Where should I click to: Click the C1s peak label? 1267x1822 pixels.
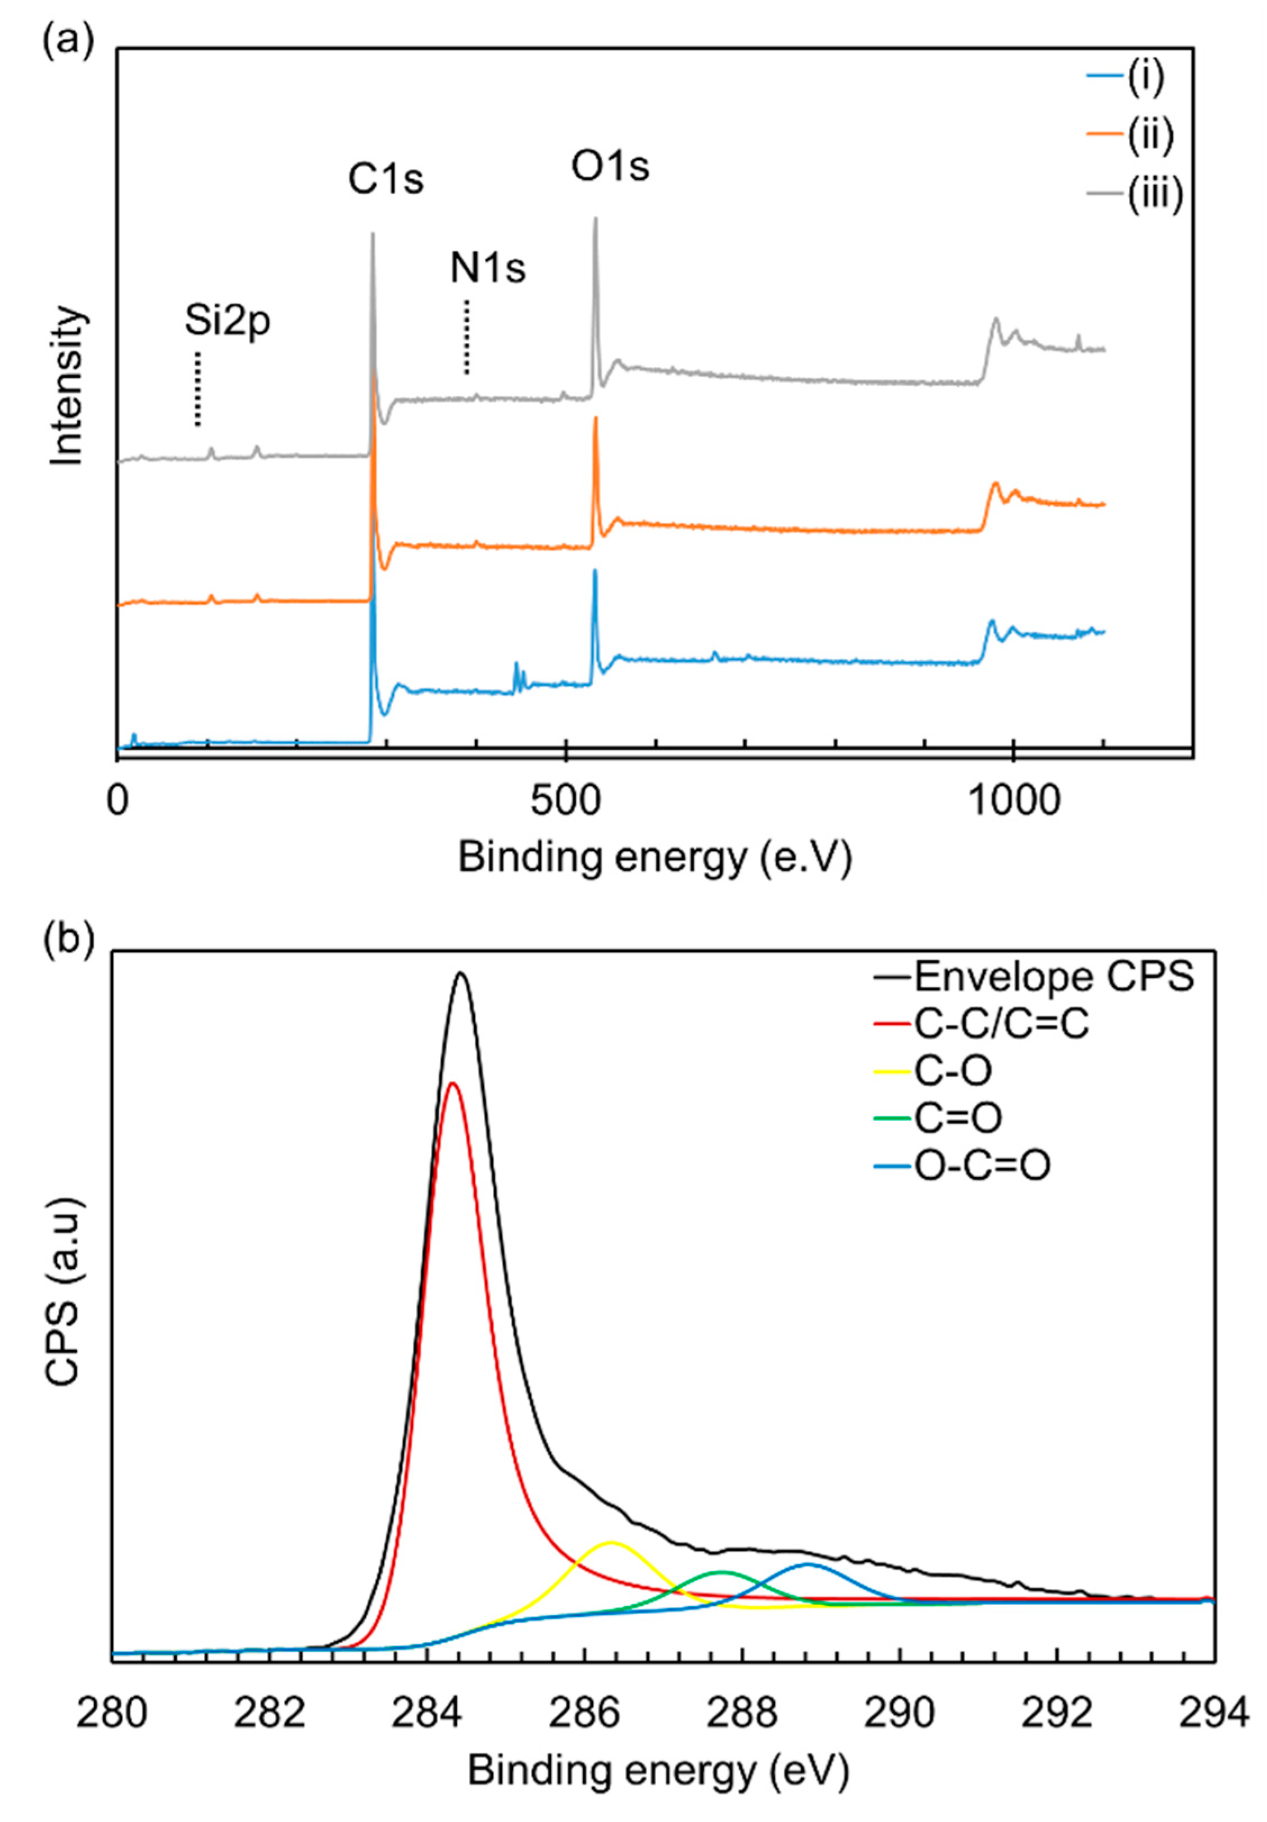(386, 181)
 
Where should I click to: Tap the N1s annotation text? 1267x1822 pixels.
(488, 269)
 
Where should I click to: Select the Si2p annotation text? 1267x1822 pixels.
(228, 322)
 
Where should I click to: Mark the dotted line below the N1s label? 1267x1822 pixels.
(467, 337)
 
